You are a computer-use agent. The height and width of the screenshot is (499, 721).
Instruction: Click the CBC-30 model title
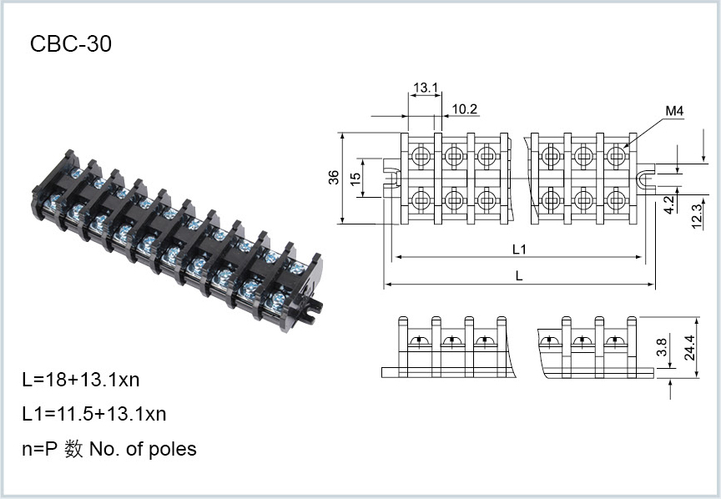click(71, 44)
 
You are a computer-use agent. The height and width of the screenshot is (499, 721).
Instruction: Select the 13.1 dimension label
click(426, 88)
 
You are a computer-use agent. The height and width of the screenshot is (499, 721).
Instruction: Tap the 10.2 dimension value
click(465, 109)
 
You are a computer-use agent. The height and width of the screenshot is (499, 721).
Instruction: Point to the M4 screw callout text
click(674, 111)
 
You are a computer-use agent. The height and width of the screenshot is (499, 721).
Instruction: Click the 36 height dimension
click(334, 178)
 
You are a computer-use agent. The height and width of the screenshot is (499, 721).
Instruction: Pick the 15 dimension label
click(355, 179)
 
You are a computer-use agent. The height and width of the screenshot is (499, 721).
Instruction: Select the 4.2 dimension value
click(669, 204)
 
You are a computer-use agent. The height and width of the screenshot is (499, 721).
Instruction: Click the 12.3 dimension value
click(697, 216)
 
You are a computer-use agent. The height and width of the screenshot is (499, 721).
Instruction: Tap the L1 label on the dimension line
click(519, 249)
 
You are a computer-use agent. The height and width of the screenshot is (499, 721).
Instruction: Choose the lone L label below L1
click(519, 276)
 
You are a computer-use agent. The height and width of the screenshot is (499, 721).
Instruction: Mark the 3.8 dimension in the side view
click(662, 347)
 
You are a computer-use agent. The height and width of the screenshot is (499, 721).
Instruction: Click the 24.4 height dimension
click(690, 347)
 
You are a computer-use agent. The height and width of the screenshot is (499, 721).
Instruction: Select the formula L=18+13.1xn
click(81, 380)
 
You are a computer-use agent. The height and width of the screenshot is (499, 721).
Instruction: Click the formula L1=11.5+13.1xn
click(94, 414)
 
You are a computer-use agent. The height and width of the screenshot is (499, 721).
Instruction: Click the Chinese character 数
click(73, 449)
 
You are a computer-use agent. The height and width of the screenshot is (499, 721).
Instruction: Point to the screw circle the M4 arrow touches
click(616, 155)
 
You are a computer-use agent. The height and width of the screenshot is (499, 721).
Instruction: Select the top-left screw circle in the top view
click(420, 155)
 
